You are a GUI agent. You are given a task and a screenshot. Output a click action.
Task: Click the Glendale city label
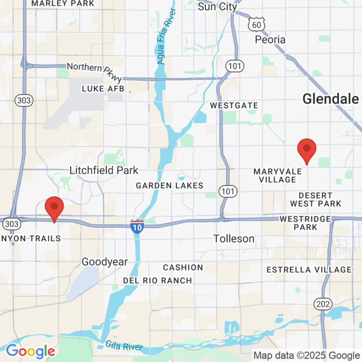coord(330,99)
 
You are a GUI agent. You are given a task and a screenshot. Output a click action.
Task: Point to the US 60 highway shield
coord(256,24)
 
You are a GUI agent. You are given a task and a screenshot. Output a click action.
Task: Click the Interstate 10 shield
coord(137,226)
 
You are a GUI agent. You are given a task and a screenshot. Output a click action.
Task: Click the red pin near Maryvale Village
coord(307,150)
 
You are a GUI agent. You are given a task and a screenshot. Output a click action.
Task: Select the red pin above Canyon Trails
coord(54,208)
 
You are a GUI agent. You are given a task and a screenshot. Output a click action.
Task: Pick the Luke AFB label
coord(103,89)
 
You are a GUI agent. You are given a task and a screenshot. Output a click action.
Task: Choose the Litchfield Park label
coord(104,170)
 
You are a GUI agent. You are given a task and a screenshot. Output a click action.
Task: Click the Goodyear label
coord(105,262)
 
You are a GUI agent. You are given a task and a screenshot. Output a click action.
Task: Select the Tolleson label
coord(234,239)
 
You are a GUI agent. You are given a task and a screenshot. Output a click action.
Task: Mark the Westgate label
coord(234,106)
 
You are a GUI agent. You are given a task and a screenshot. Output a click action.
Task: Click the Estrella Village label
coord(309,269)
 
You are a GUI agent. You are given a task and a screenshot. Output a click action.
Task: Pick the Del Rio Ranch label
coord(157,281)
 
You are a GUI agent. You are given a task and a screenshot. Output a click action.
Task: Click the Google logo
coord(31,351)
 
